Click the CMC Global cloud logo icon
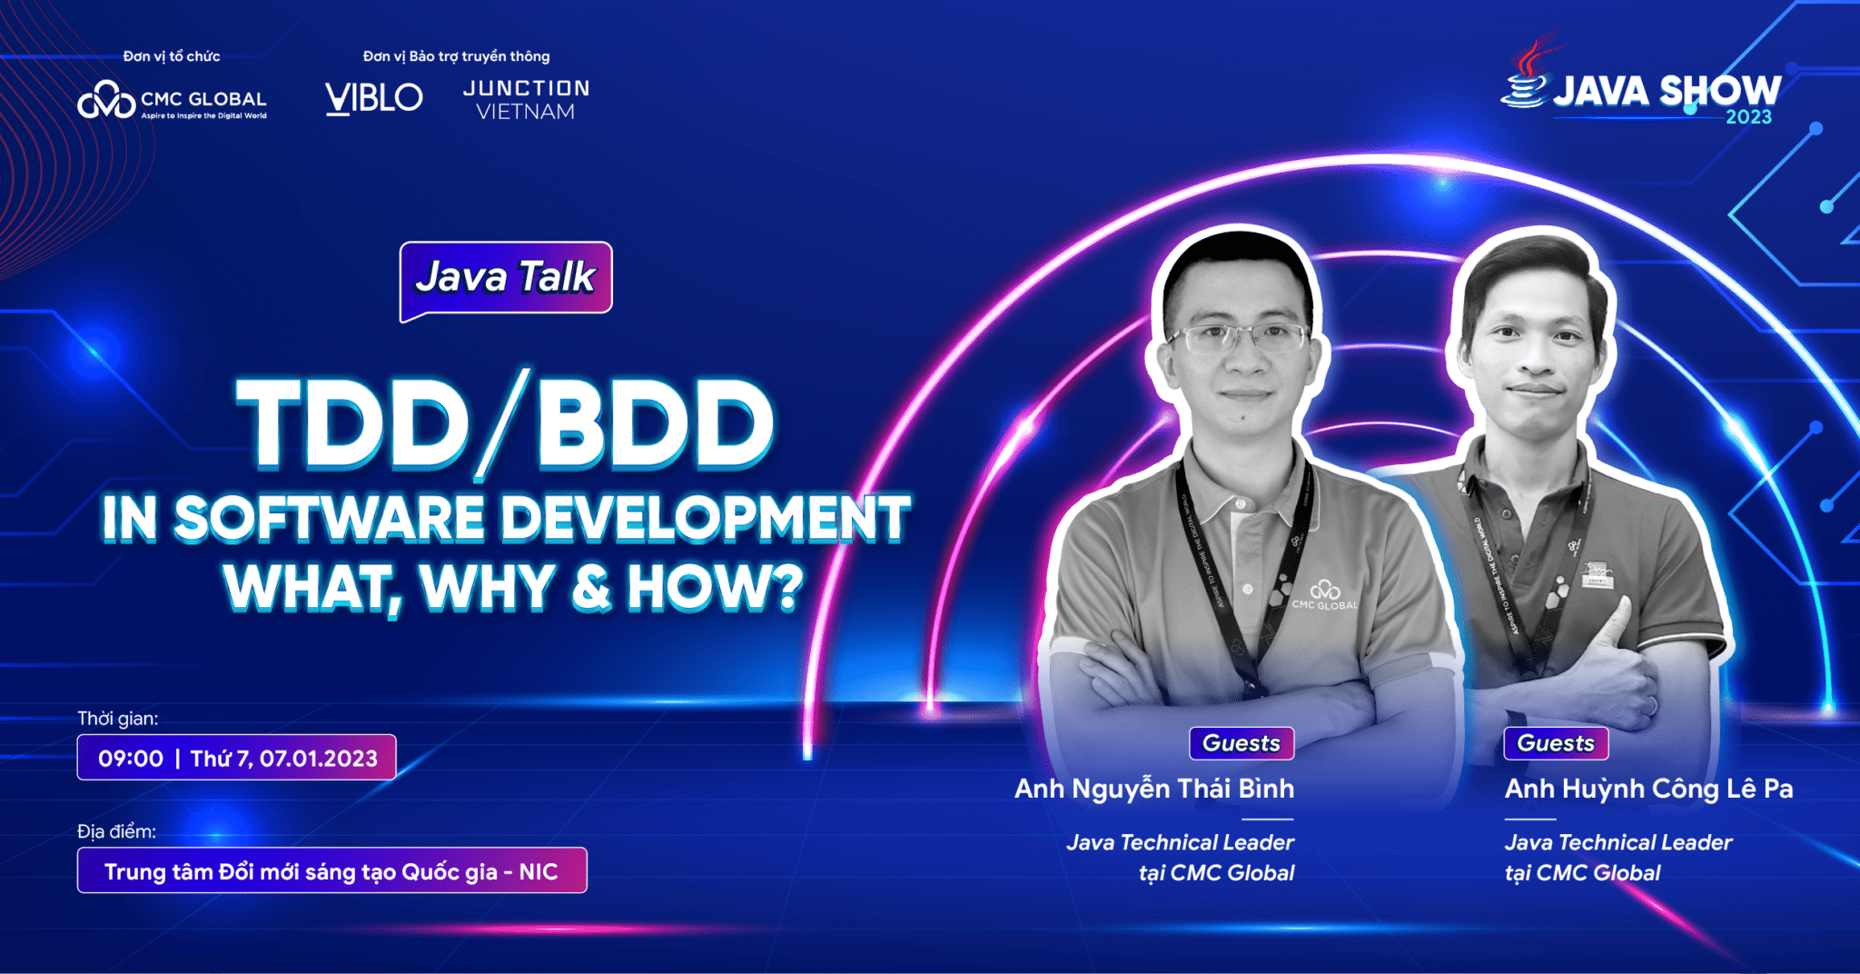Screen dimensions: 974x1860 point(105,101)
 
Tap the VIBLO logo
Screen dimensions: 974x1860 point(373,97)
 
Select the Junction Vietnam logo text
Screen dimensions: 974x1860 point(526,100)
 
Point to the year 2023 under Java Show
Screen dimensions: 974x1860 point(1748,117)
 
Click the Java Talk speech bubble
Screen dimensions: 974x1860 point(505,278)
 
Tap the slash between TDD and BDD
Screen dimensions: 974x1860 point(502,423)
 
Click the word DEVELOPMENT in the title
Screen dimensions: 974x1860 point(705,519)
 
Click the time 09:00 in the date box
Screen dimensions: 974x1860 point(131,759)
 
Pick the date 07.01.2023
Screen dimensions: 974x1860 point(318,759)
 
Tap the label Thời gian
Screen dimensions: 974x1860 point(117,719)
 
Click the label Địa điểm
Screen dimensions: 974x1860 point(116,831)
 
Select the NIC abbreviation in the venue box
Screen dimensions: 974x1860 point(538,872)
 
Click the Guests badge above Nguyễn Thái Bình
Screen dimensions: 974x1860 point(1241,743)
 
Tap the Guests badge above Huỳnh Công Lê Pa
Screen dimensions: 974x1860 point(1555,743)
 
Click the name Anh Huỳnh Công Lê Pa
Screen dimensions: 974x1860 point(1648,789)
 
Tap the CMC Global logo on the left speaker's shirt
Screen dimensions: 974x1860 point(1325,596)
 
